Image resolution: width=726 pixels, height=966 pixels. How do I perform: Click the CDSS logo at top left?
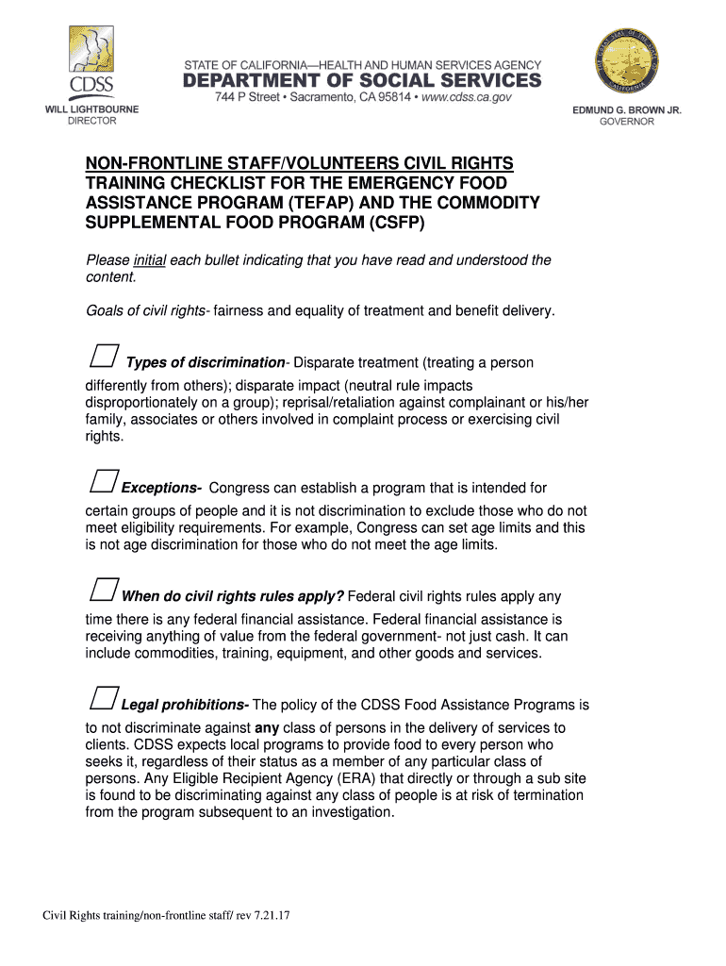[91, 61]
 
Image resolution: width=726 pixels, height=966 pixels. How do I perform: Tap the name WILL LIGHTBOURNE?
[92, 109]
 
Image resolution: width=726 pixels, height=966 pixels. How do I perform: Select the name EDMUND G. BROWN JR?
[627, 110]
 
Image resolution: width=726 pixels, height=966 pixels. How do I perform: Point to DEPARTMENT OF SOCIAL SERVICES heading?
[362, 81]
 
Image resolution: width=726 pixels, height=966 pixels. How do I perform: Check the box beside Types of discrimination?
[103, 356]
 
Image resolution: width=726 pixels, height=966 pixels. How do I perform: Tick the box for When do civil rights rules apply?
[103, 590]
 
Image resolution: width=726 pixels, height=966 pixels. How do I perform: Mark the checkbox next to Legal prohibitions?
[103, 698]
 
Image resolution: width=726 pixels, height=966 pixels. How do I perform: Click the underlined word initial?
[150, 260]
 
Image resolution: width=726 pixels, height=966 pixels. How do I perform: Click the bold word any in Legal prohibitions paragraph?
[268, 728]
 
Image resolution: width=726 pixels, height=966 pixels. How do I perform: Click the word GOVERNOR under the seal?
[627, 122]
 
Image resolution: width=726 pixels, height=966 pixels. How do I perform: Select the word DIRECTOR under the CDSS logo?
[91, 121]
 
